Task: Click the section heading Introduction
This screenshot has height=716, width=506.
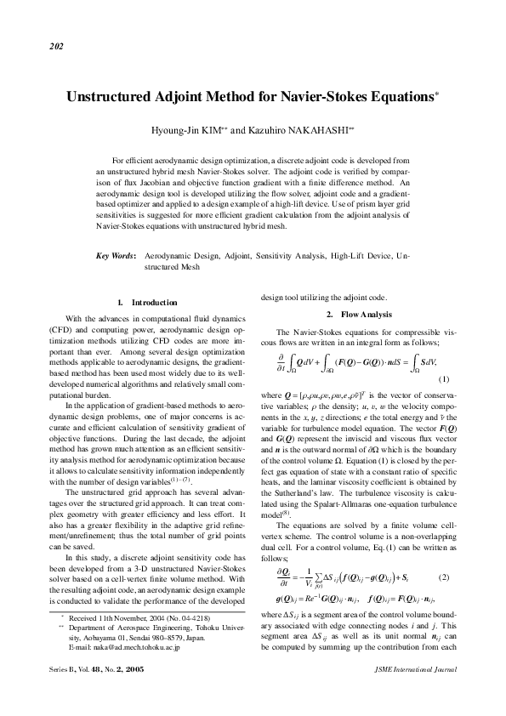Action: pyautogui.click(x=154, y=303)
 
